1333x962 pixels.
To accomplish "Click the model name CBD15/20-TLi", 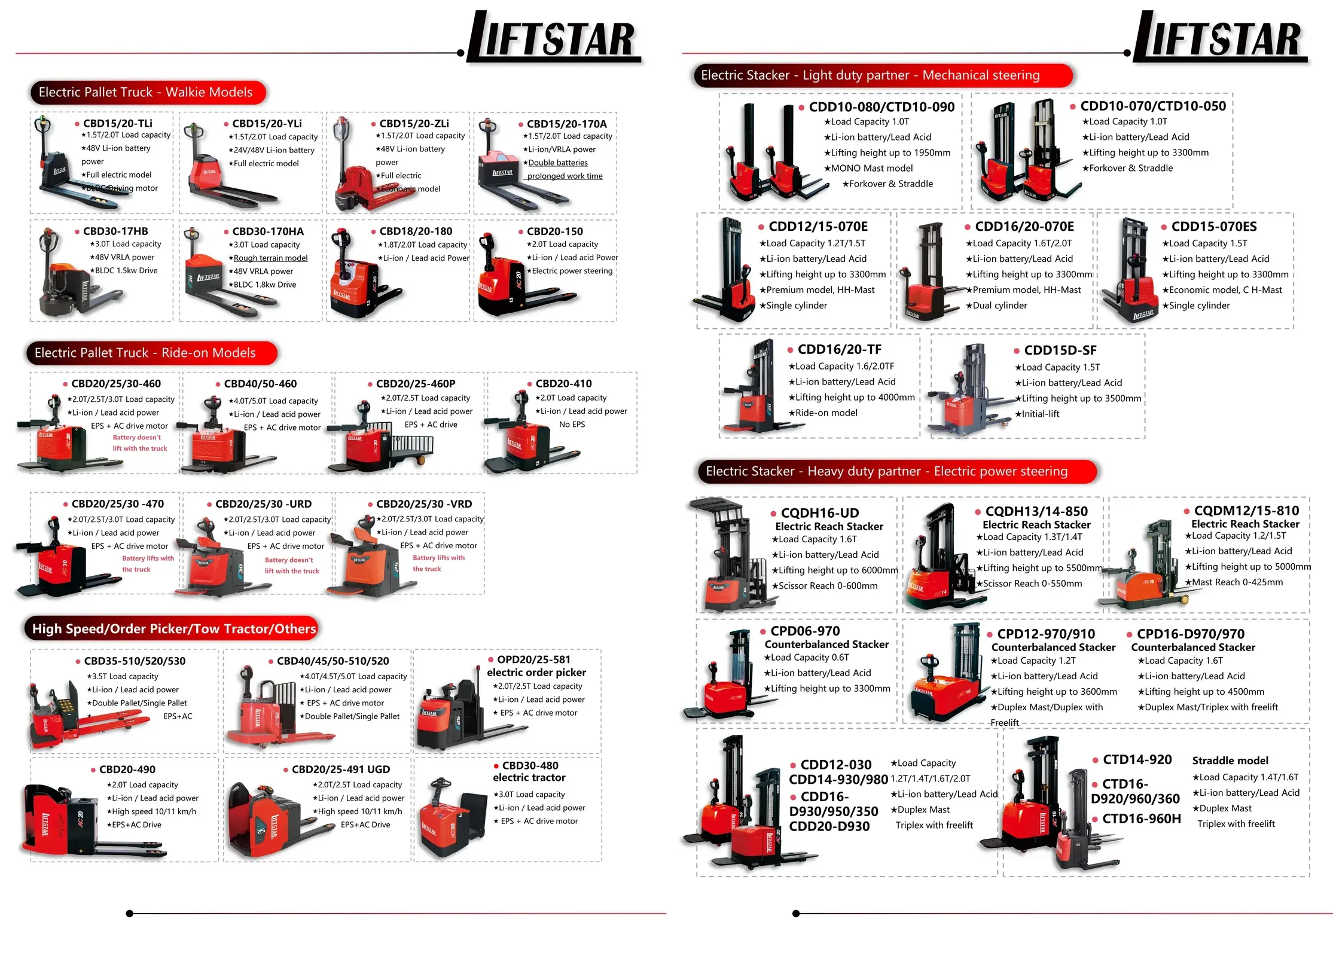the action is pos(118,123).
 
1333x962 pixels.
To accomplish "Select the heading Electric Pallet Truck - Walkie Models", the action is pos(145,92).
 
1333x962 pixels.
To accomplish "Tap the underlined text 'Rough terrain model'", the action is pos(270,258).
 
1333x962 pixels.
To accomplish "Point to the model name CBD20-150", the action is pos(555,231).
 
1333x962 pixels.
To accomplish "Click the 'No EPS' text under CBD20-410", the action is pos(572,424).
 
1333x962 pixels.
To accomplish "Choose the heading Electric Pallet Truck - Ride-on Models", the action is pos(145,353).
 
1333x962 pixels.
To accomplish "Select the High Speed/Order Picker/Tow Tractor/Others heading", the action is pos(174,629).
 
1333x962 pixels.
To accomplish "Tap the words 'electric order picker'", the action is pos(536,673).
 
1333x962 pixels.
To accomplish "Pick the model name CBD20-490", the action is pos(127,769).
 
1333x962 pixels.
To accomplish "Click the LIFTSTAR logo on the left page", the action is pos(553,37).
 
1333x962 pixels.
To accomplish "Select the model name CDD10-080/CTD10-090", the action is pos(881,107).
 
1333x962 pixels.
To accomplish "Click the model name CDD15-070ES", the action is pos(1214,227).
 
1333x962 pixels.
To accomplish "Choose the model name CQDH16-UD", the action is pos(820,513).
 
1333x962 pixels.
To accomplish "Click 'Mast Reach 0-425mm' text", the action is pos(1237,582).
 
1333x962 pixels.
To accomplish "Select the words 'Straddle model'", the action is pos(1230,761).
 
